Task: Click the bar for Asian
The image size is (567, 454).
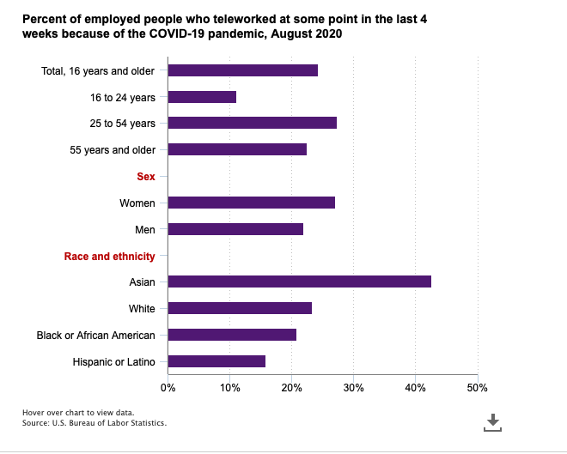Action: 300,281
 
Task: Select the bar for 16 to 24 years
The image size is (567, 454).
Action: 202,97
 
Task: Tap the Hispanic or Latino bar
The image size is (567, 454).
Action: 216,361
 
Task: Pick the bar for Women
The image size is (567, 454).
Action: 252,203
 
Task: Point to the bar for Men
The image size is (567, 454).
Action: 235,229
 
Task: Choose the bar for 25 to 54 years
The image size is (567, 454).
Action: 253,123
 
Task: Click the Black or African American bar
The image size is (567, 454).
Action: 232,335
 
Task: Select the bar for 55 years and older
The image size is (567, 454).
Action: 237,149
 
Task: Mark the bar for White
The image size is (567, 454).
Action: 240,308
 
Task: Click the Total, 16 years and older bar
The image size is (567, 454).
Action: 243,70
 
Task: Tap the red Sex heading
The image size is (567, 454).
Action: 146,176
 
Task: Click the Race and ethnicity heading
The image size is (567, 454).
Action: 110,256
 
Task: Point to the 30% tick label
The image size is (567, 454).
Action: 353,388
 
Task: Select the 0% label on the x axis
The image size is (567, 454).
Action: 168,388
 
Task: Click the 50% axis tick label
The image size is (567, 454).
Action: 478,388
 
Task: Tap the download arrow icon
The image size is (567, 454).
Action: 492,422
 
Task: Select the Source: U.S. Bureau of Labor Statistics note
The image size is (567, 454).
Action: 94,423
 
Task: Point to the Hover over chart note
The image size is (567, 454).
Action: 78,413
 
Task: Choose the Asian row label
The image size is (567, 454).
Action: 142,282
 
